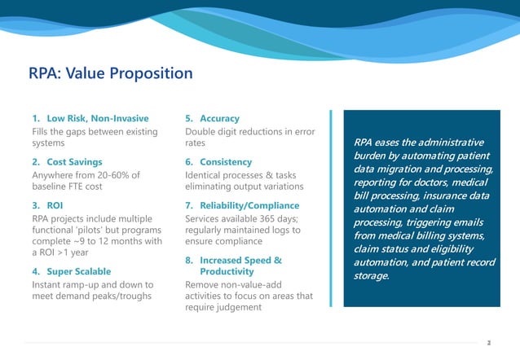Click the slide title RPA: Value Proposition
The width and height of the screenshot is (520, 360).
point(111,74)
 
